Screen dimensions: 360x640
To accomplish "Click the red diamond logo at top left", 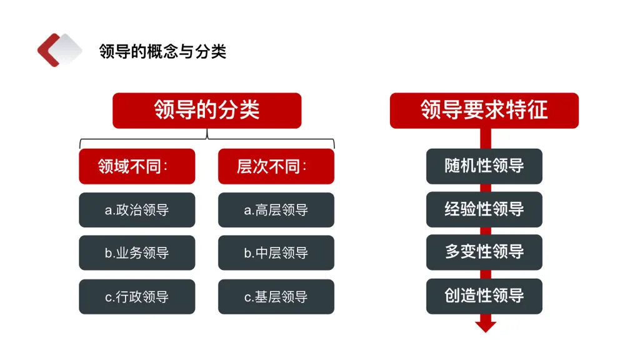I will pos(59,50).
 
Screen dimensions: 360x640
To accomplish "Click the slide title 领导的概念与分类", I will pos(162,51).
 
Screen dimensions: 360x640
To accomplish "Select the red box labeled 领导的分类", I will pos(207,111).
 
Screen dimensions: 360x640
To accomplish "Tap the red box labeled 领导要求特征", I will pos(484,111).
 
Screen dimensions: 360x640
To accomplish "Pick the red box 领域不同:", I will pos(137,166).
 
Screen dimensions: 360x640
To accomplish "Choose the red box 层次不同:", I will pos(276,166).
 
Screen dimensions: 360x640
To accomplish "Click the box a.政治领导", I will pos(137,210).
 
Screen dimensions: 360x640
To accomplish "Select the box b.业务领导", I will pos(137,253).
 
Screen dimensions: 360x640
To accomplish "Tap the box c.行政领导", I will pos(137,297).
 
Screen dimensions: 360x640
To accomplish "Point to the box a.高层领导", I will pos(276,210).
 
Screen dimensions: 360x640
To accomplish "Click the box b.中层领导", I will pos(276,253).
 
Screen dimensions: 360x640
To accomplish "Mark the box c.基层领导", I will pos(276,297).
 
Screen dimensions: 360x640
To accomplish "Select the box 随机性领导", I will pos(484,166).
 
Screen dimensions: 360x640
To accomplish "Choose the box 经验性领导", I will pos(484,209).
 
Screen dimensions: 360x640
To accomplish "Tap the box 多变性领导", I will pos(484,252).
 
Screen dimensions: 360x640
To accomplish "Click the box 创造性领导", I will pos(484,296).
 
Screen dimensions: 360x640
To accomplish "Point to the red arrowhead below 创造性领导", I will pos(485,325).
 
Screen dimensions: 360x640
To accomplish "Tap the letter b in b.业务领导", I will pos(108,254).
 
